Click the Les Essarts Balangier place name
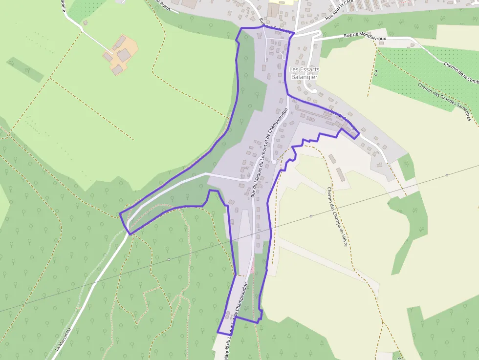[304, 73]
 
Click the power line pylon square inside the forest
[169, 259]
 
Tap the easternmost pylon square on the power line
[447, 175]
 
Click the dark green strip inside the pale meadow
[25, 70]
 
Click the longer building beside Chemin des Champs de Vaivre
[341, 174]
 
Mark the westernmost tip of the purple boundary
[120, 214]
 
